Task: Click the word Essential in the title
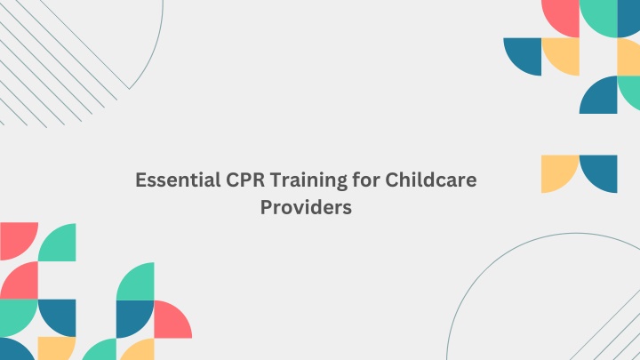coord(178,180)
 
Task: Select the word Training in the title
coord(308,180)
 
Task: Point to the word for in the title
coord(366,180)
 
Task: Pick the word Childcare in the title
coord(431,180)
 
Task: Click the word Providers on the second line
coord(306,207)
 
